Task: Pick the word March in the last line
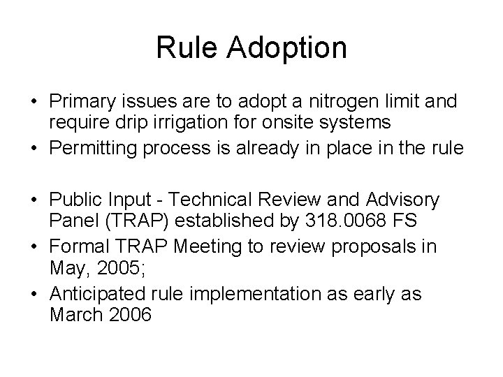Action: [x=76, y=314]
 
